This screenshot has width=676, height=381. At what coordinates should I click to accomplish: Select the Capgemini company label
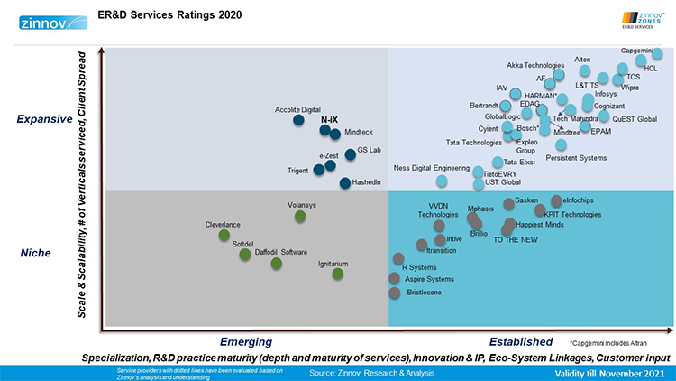(638, 51)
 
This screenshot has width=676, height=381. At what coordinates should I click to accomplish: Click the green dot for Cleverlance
(224, 236)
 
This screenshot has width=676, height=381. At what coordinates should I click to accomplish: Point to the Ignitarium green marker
(337, 274)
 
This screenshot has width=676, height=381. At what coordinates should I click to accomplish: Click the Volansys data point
(300, 217)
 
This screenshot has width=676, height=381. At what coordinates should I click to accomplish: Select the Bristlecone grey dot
(394, 293)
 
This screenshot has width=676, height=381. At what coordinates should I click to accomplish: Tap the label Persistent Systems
(576, 158)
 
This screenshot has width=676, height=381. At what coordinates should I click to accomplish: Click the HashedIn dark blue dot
(344, 183)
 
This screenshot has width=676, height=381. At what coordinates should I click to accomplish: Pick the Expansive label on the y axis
(45, 119)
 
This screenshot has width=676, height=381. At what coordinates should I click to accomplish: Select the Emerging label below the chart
(246, 341)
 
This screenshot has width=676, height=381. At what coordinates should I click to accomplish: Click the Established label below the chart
(520, 341)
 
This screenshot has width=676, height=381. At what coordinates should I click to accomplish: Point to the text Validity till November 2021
(609, 373)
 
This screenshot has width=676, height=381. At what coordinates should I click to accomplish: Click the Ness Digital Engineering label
(432, 168)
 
